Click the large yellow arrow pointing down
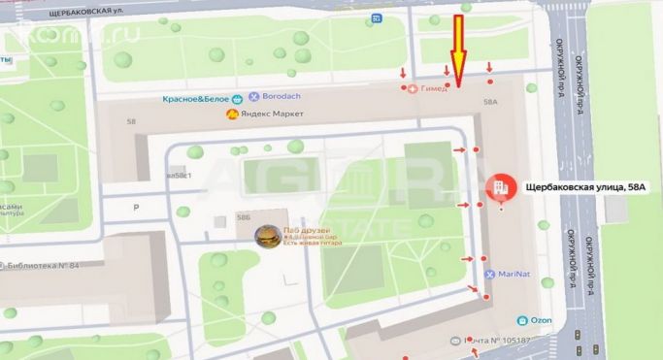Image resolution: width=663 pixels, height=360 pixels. (459, 47)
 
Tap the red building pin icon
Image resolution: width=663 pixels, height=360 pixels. (500, 186)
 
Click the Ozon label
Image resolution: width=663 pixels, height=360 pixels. (543, 319)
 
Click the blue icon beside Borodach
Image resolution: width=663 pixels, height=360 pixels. (254, 98)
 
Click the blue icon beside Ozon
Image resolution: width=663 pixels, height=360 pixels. (523, 319)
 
